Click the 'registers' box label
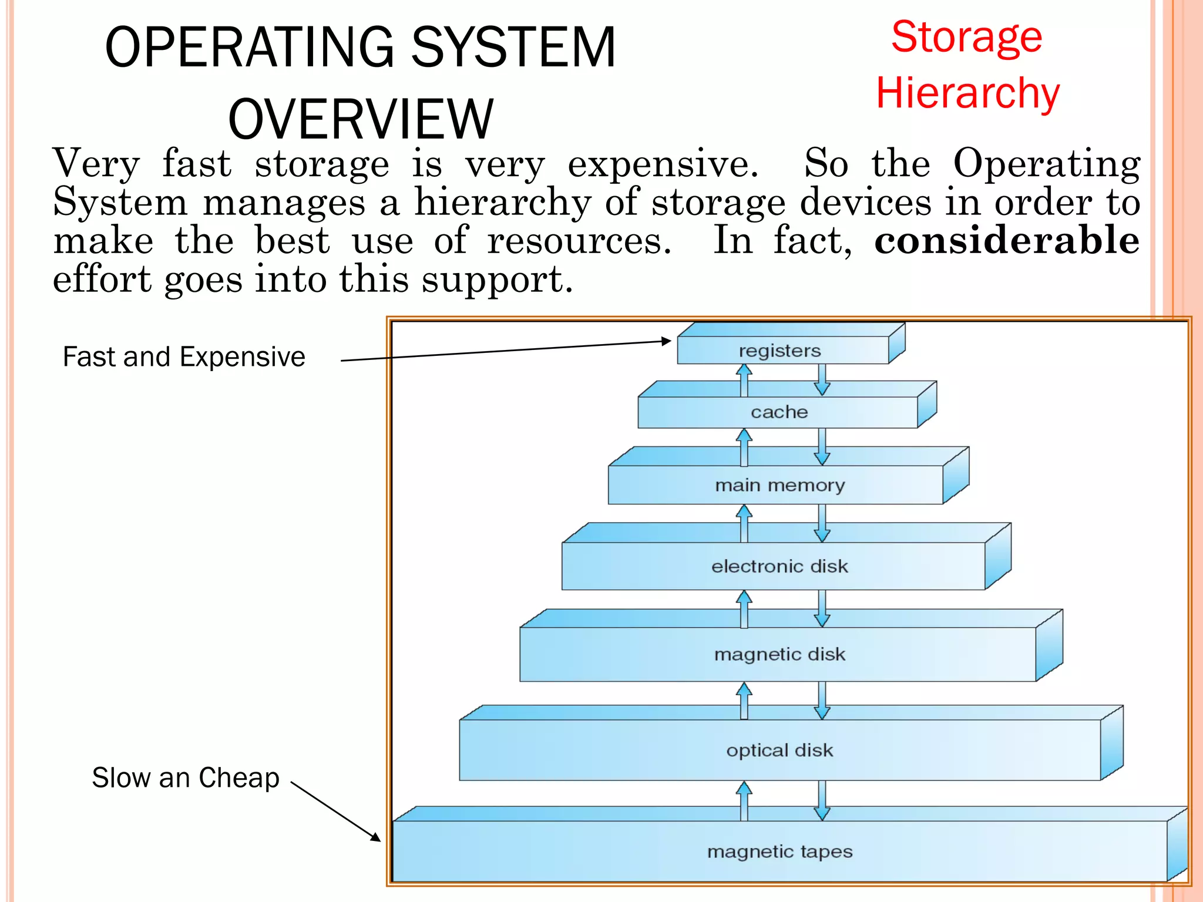pos(779,351)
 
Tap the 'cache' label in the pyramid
pos(779,412)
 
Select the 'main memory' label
pos(779,485)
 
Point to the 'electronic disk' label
pos(779,566)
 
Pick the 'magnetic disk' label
pos(779,654)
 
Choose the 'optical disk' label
pos(779,750)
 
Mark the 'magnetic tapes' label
pos(779,851)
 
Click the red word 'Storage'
pos(966,38)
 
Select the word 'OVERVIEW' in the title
pos(361,119)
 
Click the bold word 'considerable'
pos(1007,241)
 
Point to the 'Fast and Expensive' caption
pos(184,357)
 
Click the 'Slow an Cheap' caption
pos(186,778)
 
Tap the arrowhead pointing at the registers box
pos(666,341)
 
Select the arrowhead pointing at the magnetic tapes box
pos(375,837)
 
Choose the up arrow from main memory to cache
pos(744,447)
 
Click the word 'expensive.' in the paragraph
pos(663,164)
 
